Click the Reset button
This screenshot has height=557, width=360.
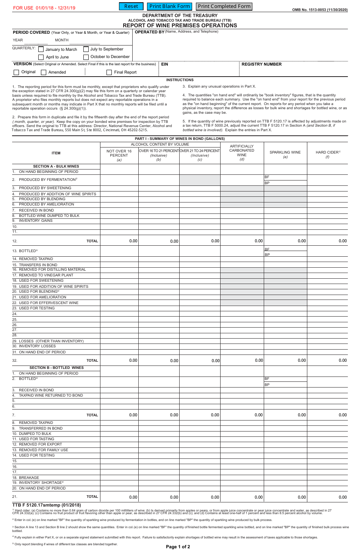point(131,6)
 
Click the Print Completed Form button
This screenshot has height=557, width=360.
point(224,6)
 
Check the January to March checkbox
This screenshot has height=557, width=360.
point(41,49)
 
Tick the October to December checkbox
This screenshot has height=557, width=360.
point(86,57)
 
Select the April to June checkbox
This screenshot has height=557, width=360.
point(41,57)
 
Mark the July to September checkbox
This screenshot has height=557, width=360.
point(86,49)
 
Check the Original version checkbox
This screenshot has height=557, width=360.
point(16,72)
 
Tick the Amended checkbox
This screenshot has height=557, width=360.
point(44,72)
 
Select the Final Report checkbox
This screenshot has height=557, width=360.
point(109,72)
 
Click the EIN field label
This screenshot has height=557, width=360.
point(164,64)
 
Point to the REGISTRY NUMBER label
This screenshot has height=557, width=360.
point(261,64)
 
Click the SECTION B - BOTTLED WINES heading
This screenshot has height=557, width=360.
point(56,368)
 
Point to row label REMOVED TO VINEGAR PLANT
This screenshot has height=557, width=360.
point(46,275)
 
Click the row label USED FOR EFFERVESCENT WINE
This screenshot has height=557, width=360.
point(49,303)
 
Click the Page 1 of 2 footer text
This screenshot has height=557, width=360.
point(178,547)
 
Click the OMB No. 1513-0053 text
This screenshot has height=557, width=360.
point(319,10)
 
